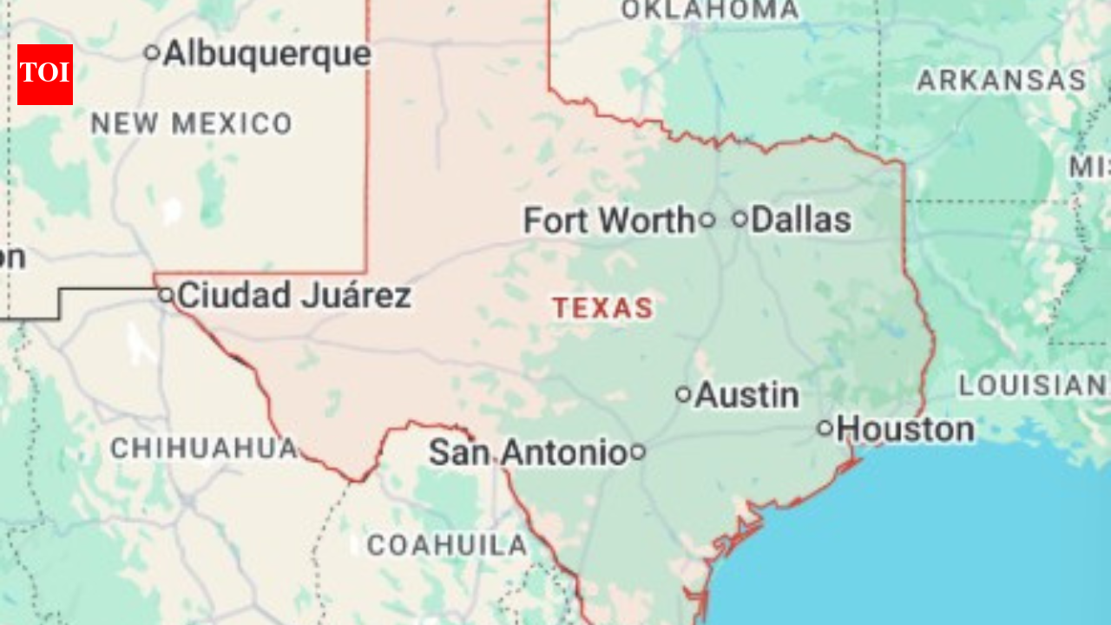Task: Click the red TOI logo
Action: (x=45, y=75)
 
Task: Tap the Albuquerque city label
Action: (x=267, y=54)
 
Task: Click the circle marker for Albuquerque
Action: (x=152, y=53)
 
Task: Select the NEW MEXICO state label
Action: (x=191, y=124)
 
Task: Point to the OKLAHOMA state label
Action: (x=710, y=10)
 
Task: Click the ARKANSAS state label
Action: (x=1001, y=81)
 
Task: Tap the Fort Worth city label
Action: (x=608, y=220)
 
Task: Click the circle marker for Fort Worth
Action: (x=707, y=220)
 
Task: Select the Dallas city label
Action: (x=800, y=220)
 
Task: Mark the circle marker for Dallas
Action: (x=740, y=219)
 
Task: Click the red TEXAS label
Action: (x=603, y=308)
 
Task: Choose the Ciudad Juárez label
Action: (x=294, y=296)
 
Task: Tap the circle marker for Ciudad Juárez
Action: (x=166, y=295)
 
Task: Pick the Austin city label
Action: (x=746, y=395)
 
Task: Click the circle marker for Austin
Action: (x=683, y=395)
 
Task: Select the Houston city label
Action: (x=906, y=429)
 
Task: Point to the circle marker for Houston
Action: (x=825, y=428)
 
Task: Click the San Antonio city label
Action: (x=528, y=452)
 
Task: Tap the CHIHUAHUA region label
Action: (x=204, y=449)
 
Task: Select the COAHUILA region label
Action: (x=446, y=545)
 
